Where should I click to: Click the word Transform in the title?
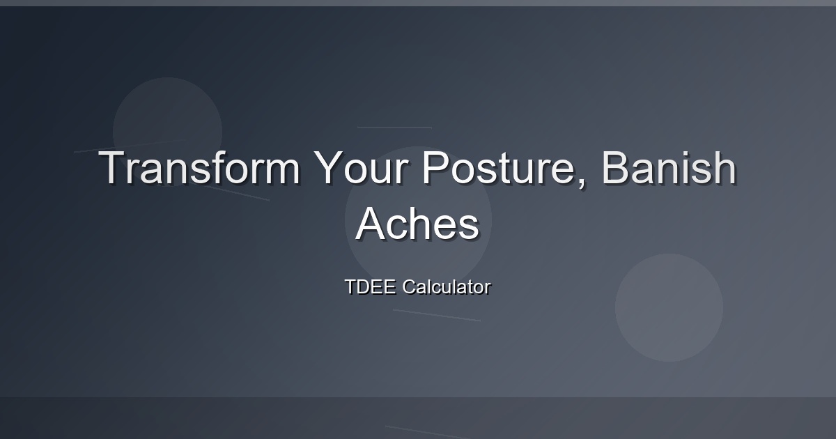click(x=199, y=168)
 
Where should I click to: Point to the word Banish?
click(x=669, y=167)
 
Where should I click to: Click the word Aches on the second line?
click(x=417, y=224)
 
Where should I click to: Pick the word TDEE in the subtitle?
click(x=370, y=286)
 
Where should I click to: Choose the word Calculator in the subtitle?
click(x=447, y=286)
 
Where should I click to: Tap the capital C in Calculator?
click(x=409, y=286)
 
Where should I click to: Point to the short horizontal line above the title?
click(x=394, y=128)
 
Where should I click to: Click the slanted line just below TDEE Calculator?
click(x=437, y=315)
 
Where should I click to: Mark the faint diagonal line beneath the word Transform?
click(x=237, y=194)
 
